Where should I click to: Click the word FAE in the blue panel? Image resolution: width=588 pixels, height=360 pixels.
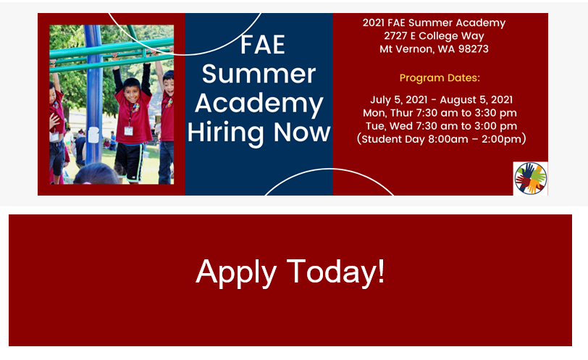pos(262,45)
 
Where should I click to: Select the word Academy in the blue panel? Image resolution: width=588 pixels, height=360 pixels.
pos(259,104)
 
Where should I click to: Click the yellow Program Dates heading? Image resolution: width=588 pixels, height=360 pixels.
pos(440,78)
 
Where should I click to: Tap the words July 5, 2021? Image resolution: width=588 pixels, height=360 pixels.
pos(398,100)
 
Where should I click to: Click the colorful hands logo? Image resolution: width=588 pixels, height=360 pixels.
pos(531,178)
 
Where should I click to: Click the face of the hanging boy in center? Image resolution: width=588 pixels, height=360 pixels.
pos(131,91)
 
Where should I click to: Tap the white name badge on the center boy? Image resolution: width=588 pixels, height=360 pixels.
pos(129,131)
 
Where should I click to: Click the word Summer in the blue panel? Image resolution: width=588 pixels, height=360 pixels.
pos(259,74)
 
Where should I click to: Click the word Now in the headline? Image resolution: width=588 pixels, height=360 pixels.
pos(302,133)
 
